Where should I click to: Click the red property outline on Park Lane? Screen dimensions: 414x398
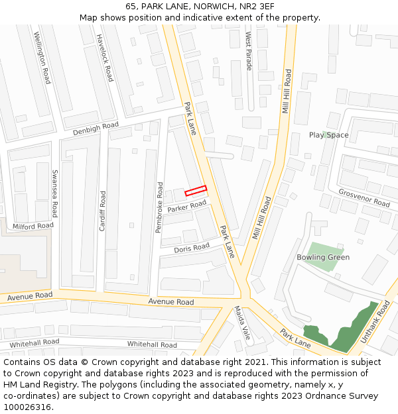pyautogui.click(x=196, y=191)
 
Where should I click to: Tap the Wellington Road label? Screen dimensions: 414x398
pyautogui.click(x=42, y=58)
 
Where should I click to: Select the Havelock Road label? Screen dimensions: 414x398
pyautogui.click(x=105, y=58)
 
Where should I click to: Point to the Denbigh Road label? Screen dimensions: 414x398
pyautogui.click(x=96, y=128)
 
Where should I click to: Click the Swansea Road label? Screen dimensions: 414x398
pyautogui.click(x=55, y=194)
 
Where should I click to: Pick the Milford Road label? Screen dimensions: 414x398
pyautogui.click(x=33, y=226)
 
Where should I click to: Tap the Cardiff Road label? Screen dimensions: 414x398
pyautogui.click(x=102, y=211)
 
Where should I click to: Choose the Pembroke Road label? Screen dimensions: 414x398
pyautogui.click(x=159, y=207)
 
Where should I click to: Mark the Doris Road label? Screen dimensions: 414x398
pyautogui.click(x=192, y=248)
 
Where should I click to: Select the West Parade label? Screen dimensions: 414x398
pyautogui.click(x=249, y=50)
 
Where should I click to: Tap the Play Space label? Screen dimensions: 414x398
pyautogui.click(x=328, y=135)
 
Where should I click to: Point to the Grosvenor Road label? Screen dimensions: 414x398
pyautogui.click(x=364, y=198)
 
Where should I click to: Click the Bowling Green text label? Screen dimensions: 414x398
pyautogui.click(x=323, y=257)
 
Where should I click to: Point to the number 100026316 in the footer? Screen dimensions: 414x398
pyautogui.click(x=27, y=407)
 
